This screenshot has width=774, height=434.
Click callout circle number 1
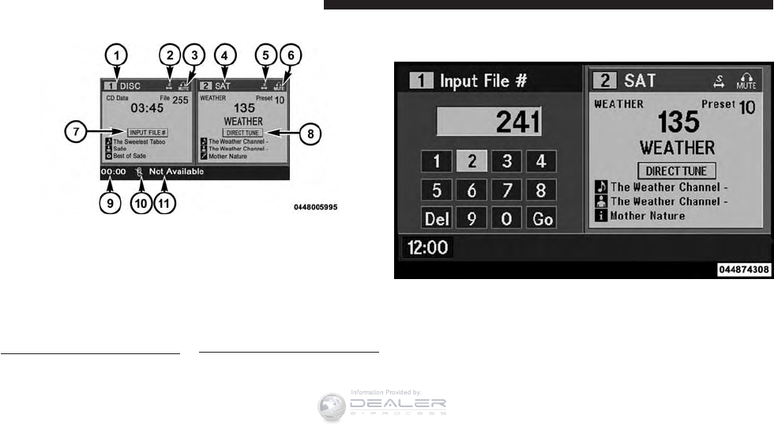coord(117,55)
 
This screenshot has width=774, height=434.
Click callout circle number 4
coord(226,55)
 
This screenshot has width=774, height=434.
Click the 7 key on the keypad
coord(506,191)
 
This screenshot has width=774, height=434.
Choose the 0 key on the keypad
coord(506,217)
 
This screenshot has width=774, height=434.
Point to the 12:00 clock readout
coord(427,248)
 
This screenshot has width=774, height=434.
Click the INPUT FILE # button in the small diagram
coord(147,132)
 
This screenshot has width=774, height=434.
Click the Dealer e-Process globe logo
coord(333,406)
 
